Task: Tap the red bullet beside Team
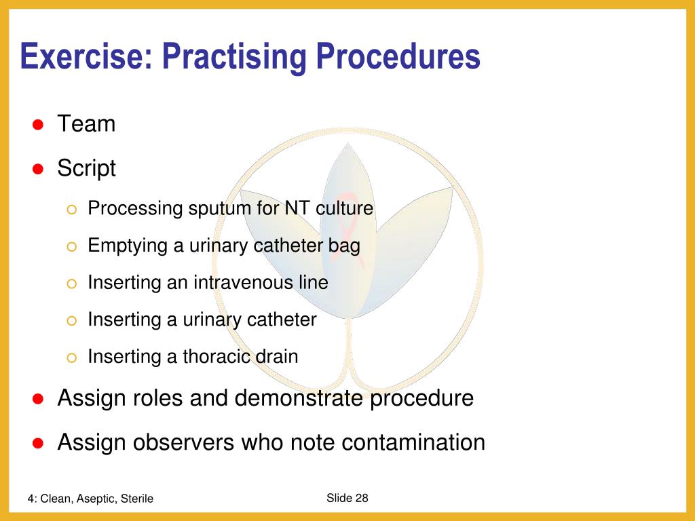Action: (39, 125)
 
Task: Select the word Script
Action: (86, 168)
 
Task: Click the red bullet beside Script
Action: (39, 169)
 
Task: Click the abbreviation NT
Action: (297, 208)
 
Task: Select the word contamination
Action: (413, 442)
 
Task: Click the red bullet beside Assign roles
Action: (39, 399)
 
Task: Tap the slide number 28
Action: (361, 498)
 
